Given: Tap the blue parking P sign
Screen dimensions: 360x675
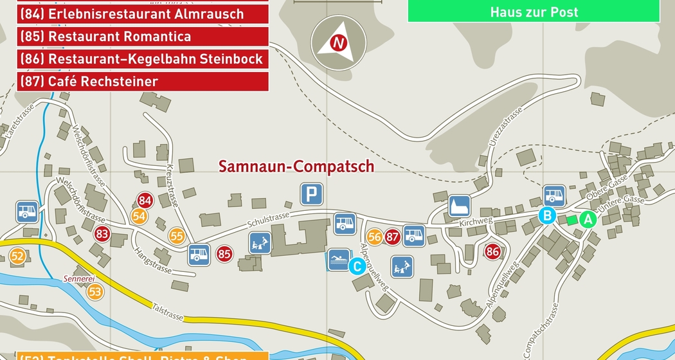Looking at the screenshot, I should [x=312, y=194].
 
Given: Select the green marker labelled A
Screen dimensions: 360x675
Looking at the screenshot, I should [x=587, y=219].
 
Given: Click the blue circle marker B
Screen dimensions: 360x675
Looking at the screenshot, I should [x=547, y=215].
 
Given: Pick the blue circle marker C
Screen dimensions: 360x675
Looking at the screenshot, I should [x=357, y=265].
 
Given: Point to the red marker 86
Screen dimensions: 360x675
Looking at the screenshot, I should [x=493, y=251].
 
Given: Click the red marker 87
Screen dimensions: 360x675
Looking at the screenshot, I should [x=393, y=237].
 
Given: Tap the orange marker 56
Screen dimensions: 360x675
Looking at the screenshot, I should [x=375, y=237].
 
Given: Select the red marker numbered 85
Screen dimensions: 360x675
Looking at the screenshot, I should [x=224, y=254].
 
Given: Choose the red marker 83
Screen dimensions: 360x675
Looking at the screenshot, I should [x=102, y=234].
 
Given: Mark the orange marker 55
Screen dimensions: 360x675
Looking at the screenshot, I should [x=177, y=236].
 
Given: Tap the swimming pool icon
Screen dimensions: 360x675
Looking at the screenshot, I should [x=339, y=260].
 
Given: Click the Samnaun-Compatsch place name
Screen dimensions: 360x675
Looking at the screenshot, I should [x=296, y=166].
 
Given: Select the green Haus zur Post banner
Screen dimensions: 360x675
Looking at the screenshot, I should [x=534, y=12].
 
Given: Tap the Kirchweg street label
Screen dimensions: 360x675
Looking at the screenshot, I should [x=476, y=222].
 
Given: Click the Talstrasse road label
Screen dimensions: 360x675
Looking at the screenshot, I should [x=168, y=312].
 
